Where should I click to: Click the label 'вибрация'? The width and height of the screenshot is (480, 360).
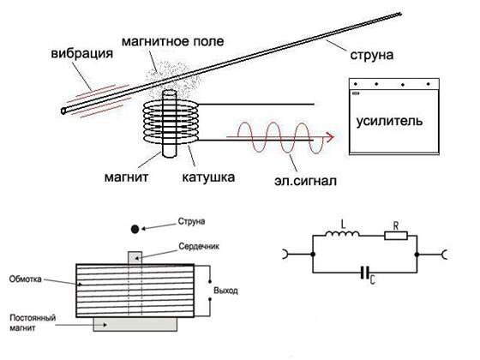pos(82,53)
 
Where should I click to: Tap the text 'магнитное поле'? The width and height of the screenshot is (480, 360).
pos(172,42)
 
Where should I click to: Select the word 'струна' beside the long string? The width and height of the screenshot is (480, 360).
pos(372,56)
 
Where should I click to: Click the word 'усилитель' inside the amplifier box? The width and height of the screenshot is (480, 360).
pos(389,121)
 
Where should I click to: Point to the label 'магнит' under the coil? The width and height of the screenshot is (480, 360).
pos(127,177)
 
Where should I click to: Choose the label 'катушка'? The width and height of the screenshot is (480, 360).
pos(208,177)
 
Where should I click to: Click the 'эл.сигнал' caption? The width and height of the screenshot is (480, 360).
pos(305,180)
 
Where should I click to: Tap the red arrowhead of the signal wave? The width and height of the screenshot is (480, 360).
pos(330,137)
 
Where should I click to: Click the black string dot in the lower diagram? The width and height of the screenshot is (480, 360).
pos(135,229)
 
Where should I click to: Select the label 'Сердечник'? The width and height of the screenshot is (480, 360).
pos(199,247)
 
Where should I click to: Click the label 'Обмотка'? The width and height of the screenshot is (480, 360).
pos(25,279)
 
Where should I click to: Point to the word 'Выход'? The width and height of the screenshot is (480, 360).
pos(226,291)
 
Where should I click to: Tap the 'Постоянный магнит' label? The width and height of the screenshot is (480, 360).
pos(33,323)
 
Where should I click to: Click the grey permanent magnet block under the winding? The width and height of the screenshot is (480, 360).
pos(135,325)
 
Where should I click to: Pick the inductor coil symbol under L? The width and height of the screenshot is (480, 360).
pos(342,234)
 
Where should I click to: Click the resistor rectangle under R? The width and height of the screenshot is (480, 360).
pos(396,236)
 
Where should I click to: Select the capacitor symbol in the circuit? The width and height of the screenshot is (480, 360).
pos(365,273)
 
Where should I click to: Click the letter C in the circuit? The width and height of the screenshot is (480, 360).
pos(372,279)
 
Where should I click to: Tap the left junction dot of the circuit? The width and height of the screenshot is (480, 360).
pos(313,255)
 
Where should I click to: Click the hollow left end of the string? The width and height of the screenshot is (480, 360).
pos(63,111)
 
